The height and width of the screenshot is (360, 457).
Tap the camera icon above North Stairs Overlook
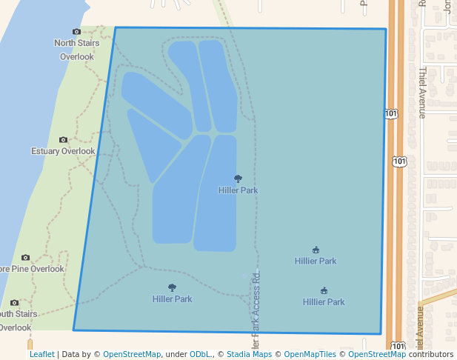[76, 31]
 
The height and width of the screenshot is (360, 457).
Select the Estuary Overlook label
[63, 151]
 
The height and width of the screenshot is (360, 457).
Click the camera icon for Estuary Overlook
[63, 139]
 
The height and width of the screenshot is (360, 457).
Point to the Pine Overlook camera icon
[25, 258]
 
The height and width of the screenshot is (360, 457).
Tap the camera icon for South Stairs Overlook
[15, 302]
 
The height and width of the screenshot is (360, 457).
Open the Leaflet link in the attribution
[41, 355]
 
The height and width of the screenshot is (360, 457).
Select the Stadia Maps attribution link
[249, 355]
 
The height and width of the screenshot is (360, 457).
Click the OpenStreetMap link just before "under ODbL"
[132, 355]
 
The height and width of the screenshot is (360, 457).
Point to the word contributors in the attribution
[431, 355]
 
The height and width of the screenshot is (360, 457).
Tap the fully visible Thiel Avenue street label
[422, 93]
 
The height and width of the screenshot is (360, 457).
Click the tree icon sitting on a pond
[238, 179]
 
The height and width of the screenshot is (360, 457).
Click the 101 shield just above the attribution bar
[398, 346]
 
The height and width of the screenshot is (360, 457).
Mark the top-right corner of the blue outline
[386, 30]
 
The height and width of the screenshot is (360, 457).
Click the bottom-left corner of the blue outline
[73, 330]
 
